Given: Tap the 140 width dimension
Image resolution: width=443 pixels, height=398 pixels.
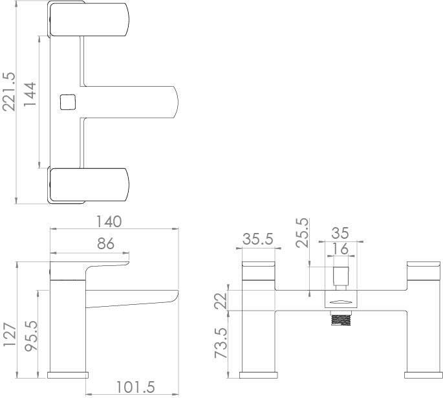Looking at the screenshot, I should click(x=109, y=222).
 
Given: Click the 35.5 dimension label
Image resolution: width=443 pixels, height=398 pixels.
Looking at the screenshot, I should click(x=258, y=238).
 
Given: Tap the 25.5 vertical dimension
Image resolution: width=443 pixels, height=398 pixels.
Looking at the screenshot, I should click(x=302, y=235).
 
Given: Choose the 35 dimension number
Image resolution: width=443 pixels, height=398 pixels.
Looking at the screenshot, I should click(x=340, y=232).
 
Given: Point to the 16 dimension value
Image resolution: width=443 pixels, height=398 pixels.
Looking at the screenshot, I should click(x=340, y=249).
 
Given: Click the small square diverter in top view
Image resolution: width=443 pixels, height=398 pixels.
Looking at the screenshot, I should click(x=68, y=102).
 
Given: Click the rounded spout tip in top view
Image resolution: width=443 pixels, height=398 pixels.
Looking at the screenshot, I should click(x=173, y=102).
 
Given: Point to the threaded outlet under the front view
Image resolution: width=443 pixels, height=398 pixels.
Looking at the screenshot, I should click(x=340, y=319).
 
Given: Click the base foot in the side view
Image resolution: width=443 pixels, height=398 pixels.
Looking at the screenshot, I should click(x=69, y=375).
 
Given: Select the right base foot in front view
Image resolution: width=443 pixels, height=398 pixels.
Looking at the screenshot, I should click(x=422, y=375).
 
